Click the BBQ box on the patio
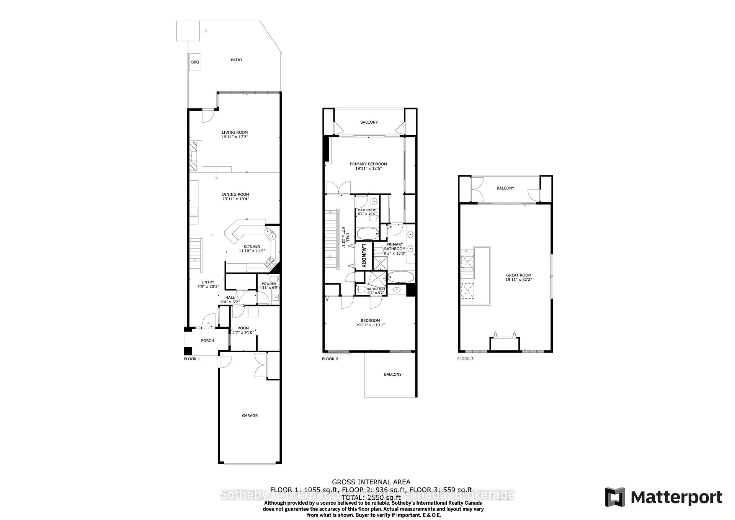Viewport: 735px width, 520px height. tap(195, 62)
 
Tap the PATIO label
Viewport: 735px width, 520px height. tap(236, 60)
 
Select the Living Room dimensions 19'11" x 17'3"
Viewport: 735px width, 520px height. tap(235, 137)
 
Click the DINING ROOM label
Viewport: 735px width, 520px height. tap(235, 195)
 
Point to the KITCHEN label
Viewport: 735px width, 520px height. tap(252, 247)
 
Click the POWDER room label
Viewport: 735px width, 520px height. tap(269, 284)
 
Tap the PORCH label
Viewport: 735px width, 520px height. tap(207, 340)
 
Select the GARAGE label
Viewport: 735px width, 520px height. tap(250, 415)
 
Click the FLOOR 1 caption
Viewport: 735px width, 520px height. tap(192, 359)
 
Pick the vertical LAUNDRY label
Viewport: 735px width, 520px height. tap(364, 256)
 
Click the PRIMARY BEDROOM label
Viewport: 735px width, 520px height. tap(368, 164)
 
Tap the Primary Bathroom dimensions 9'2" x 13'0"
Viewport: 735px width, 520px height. tap(395, 253)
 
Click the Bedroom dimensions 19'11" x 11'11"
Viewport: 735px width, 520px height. tap(370, 325)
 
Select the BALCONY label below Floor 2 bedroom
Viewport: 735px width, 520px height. tap(393, 374)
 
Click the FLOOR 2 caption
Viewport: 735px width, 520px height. tap(330, 359)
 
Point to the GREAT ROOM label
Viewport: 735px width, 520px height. tap(519, 275)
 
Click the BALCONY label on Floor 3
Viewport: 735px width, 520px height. tap(505, 188)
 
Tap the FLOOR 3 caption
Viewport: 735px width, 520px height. tap(465, 359)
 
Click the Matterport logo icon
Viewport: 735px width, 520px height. tap(615, 497)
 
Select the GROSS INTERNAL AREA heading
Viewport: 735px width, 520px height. tap(371, 482)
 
